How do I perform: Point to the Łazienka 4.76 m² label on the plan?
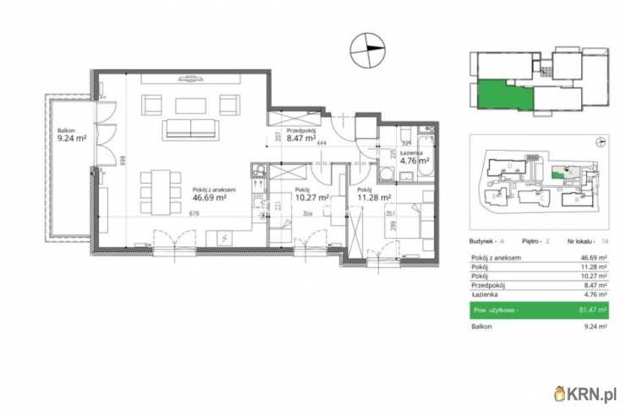click(415, 157)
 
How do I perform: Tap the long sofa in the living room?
click(191, 129)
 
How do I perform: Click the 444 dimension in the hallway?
click(321, 144)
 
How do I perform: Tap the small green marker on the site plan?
click(555, 173)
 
